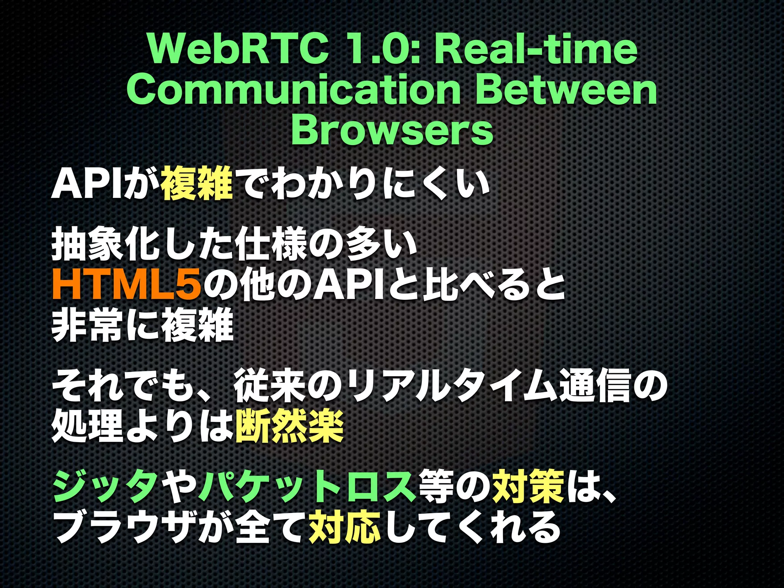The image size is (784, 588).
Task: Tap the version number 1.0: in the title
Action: (x=383, y=50)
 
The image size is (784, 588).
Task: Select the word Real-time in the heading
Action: (x=536, y=50)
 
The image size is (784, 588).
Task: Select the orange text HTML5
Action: (x=126, y=285)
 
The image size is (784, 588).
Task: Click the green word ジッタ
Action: (x=105, y=486)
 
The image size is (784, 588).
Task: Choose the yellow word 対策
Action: (x=528, y=486)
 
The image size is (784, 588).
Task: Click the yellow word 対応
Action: (x=345, y=528)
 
